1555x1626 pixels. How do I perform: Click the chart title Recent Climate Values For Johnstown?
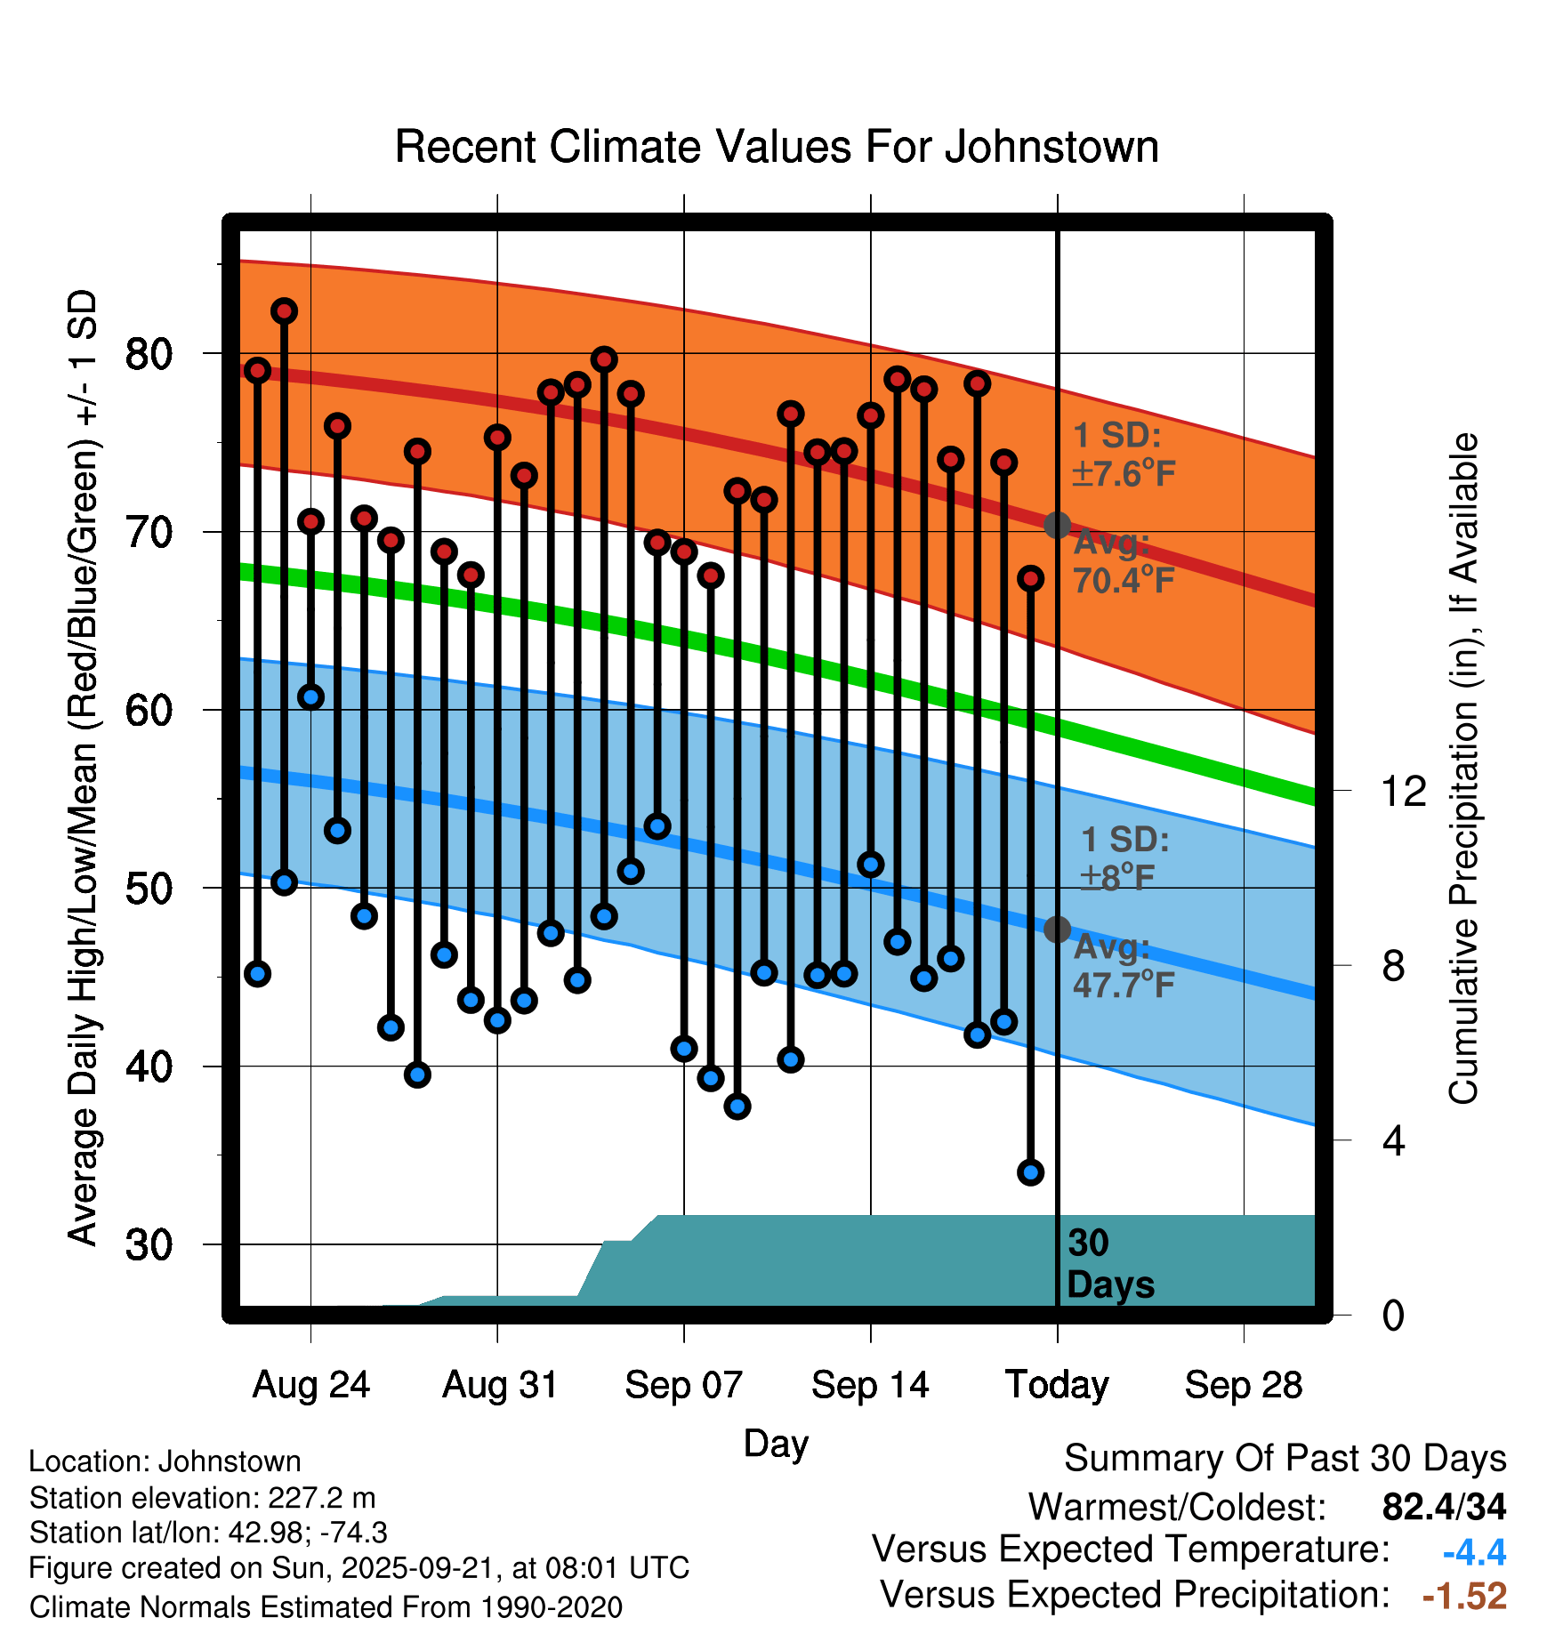[x=777, y=148]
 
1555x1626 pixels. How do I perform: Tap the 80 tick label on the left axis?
[x=149, y=355]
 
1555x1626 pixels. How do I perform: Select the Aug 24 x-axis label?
[x=310, y=1385]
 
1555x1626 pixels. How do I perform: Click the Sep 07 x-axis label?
[x=683, y=1385]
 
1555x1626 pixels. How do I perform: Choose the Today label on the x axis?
[x=1057, y=1385]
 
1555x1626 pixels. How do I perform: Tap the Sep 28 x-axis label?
[x=1244, y=1385]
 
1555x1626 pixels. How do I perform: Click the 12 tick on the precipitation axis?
[x=1403, y=791]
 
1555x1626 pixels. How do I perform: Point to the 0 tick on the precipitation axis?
[x=1393, y=1316]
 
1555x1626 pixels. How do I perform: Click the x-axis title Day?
[x=776, y=1444]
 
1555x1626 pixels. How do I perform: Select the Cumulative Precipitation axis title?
[x=1463, y=769]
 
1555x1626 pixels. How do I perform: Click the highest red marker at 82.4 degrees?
[x=284, y=311]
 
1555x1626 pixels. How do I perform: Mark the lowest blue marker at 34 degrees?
[x=1030, y=1172]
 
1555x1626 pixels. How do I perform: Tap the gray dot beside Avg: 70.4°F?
[x=1057, y=526]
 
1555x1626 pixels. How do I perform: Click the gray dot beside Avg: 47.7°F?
[x=1057, y=930]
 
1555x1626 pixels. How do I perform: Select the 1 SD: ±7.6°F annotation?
[x=1124, y=455]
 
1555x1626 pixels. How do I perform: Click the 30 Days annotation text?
[x=1109, y=1264]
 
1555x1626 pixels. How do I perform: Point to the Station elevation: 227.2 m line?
[x=202, y=1498]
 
